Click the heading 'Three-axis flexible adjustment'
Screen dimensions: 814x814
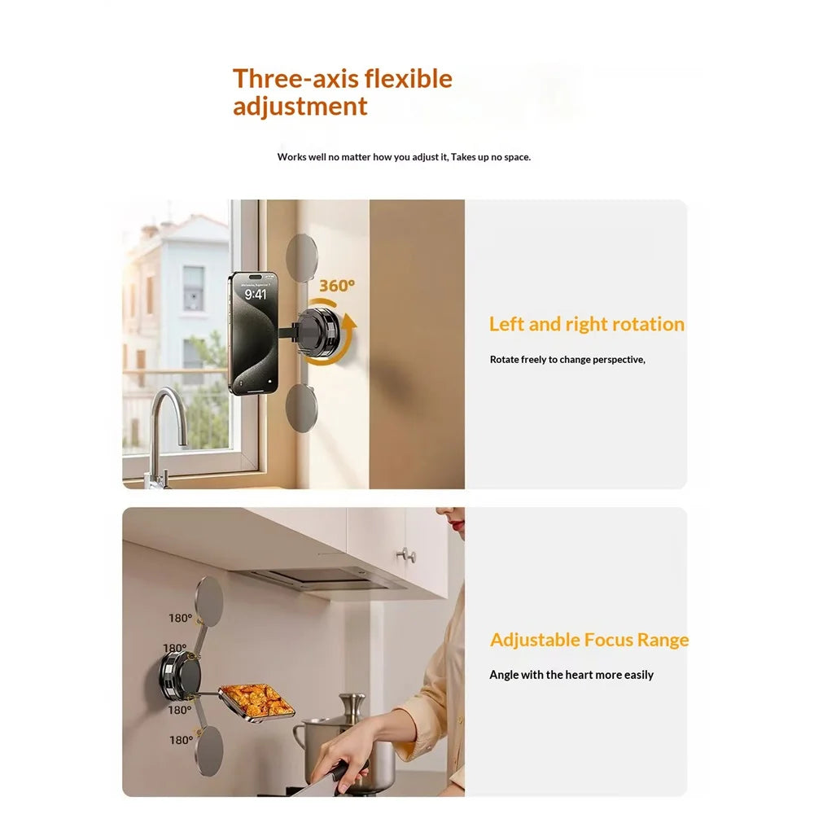pyautogui.click(x=343, y=93)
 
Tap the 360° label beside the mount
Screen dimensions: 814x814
pyautogui.click(x=337, y=286)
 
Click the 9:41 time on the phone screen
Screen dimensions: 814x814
pyautogui.click(x=256, y=295)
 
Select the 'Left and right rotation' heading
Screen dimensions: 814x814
pyautogui.click(x=587, y=324)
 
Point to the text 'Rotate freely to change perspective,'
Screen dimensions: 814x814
pyautogui.click(x=567, y=359)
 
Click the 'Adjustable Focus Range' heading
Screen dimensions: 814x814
pyautogui.click(x=589, y=640)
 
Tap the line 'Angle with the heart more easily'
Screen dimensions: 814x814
pyautogui.click(x=571, y=675)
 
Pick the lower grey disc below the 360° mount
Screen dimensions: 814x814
pyautogui.click(x=302, y=408)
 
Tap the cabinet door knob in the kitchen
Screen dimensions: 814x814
pyautogui.click(x=408, y=555)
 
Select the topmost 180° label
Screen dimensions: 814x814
pyautogui.click(x=180, y=618)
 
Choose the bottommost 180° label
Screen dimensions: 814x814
pyautogui.click(x=182, y=740)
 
